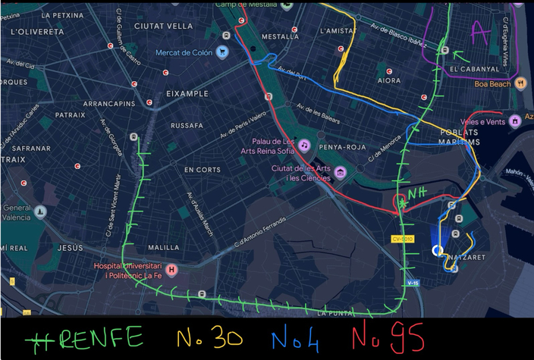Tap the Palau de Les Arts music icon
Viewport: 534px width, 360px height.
(x=303, y=145)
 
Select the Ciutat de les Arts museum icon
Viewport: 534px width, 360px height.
(x=341, y=173)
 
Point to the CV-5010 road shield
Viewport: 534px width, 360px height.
(x=401, y=239)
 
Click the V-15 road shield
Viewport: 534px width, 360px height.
(x=413, y=283)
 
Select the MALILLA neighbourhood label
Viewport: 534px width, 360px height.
(x=164, y=248)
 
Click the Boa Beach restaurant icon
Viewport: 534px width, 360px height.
(x=520, y=84)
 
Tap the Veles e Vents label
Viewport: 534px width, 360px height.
(x=482, y=121)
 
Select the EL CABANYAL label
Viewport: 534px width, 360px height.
(x=474, y=69)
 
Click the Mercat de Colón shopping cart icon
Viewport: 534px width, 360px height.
(x=221, y=52)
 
